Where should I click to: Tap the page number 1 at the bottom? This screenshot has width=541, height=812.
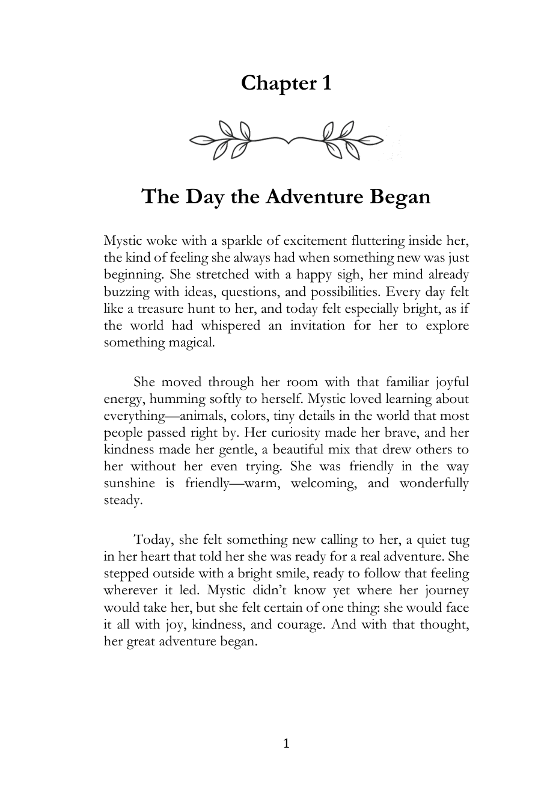[286, 744]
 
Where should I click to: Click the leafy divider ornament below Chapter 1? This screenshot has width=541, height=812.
[286, 141]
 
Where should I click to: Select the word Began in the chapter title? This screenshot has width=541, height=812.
[400, 197]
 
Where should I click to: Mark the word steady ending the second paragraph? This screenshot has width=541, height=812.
[123, 500]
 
